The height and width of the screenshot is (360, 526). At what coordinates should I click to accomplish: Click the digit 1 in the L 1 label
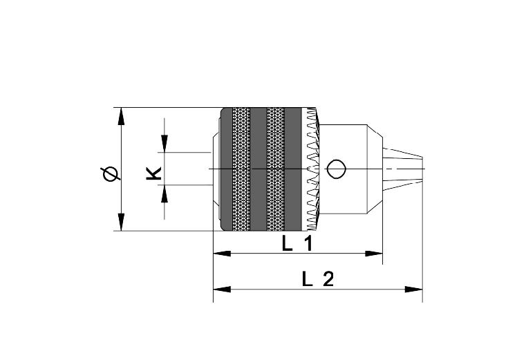308,244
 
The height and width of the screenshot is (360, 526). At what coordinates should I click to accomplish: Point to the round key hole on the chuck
336,169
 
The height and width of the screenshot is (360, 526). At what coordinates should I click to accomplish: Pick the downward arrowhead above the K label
165,144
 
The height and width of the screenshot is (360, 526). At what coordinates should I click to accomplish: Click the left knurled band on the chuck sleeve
242,169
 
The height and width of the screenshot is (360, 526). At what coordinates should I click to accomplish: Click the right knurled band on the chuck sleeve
275,169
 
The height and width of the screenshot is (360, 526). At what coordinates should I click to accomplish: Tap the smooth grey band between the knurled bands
259,169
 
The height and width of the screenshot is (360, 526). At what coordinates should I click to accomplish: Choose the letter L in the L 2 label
308,279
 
